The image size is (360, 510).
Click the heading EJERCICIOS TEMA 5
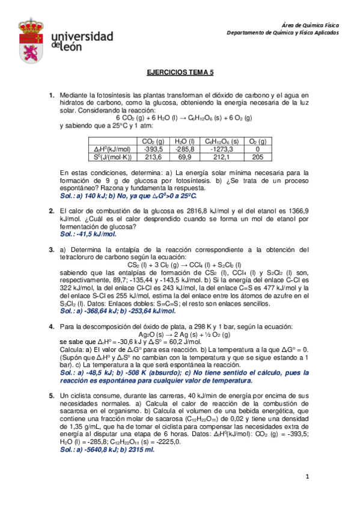180,72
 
